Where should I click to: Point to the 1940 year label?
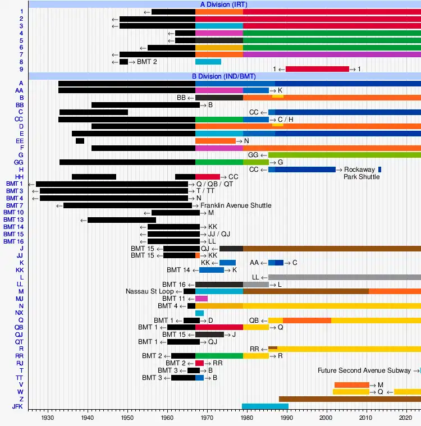pyautogui.click(x=87, y=418)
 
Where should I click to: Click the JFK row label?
pyautogui.click(x=17, y=406)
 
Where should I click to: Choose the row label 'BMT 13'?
pyautogui.click(x=13, y=219)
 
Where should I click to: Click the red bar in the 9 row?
pyautogui.click(x=317, y=69)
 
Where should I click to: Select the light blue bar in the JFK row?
pyautogui.click(x=265, y=406)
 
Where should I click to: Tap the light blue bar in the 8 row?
pyautogui.click(x=208, y=62)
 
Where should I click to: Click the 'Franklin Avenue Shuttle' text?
pyautogui.click(x=236, y=205)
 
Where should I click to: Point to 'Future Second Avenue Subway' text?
pyautogui.click(x=368, y=370)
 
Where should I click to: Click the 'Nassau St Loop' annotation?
pyautogui.click(x=150, y=291)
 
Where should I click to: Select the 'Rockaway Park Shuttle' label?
pyautogui.click(x=362, y=173)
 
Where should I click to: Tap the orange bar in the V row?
pyautogui.click(x=352, y=385)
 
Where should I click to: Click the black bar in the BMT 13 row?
pyautogui.click(x=122, y=219)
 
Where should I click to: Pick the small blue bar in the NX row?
pyautogui.click(x=199, y=313)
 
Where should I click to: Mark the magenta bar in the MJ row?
pyautogui.click(x=202, y=299)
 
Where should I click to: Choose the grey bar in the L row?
pyautogui.click(x=345, y=277)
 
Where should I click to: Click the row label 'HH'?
pyautogui.click(x=19, y=177)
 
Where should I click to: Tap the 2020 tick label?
pyautogui.click(x=406, y=418)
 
